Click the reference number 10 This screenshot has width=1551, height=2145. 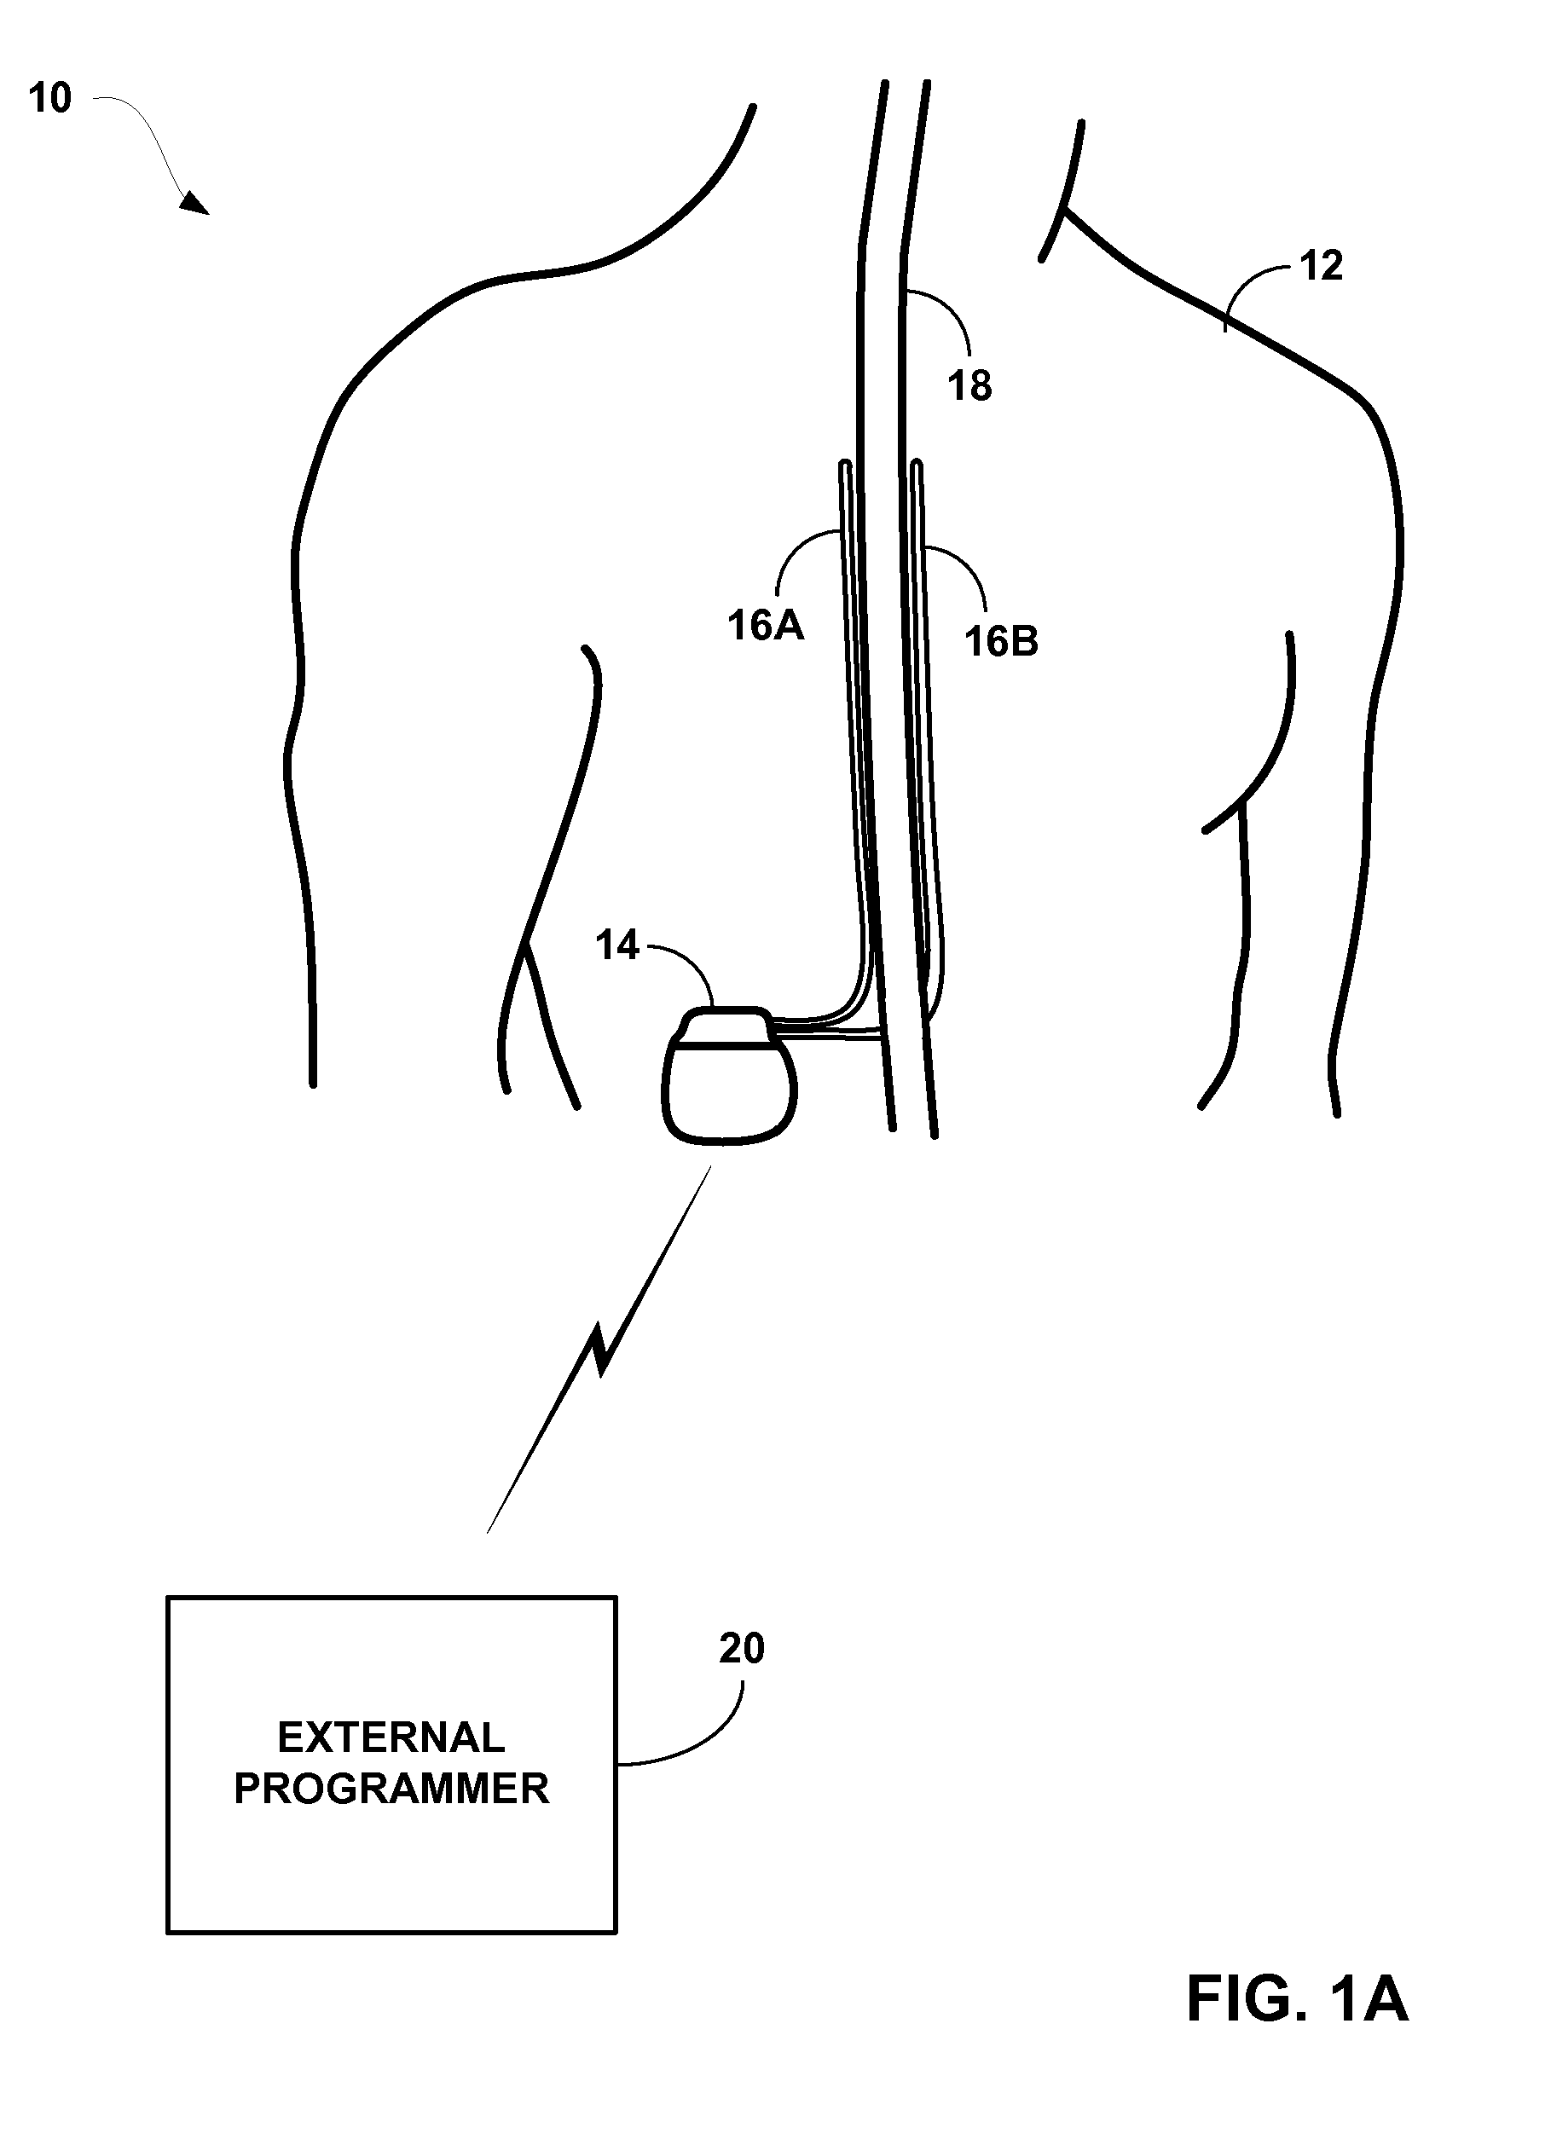[x=49, y=98]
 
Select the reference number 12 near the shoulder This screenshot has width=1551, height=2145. [x=1321, y=267]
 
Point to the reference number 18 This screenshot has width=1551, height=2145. [x=969, y=386]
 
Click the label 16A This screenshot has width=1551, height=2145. [x=765, y=626]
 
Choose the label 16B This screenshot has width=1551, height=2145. [x=1000, y=642]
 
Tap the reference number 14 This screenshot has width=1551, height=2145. [x=616, y=945]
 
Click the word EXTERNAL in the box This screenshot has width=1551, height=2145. [x=391, y=1737]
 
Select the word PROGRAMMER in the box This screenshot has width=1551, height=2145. [x=391, y=1789]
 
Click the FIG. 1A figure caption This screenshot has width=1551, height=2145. [x=1297, y=2000]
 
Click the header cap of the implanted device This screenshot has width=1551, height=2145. [x=726, y=1026]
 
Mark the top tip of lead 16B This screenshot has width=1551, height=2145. [x=917, y=465]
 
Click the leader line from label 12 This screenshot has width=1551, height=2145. [x=1248, y=284]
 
